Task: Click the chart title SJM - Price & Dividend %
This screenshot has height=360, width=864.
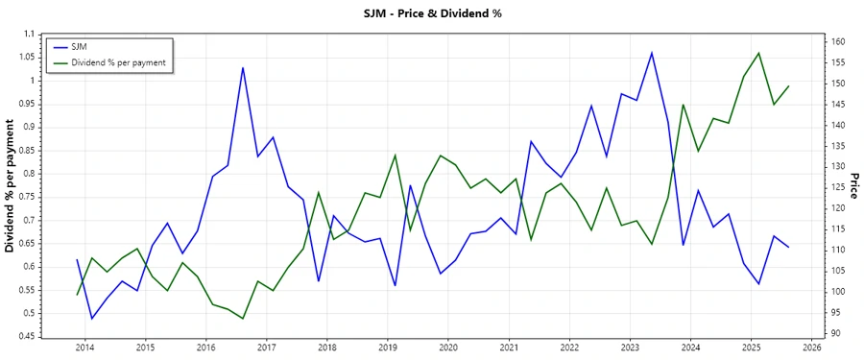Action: click(x=431, y=13)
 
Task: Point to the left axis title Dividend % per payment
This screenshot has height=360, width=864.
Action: click(x=11, y=185)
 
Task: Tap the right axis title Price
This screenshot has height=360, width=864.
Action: click(x=852, y=185)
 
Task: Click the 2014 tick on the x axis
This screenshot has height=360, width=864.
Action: click(x=84, y=347)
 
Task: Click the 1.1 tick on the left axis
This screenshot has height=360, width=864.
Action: click(x=28, y=34)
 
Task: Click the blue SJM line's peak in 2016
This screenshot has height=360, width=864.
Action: click(x=243, y=67)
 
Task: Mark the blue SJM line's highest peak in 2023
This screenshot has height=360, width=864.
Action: click(x=652, y=52)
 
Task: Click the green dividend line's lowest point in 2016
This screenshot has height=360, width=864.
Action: click(x=243, y=319)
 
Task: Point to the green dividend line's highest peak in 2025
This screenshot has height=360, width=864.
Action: click(x=759, y=53)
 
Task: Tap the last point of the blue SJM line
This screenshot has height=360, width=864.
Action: click(x=789, y=248)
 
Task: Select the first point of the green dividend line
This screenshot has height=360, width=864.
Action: click(x=78, y=295)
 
